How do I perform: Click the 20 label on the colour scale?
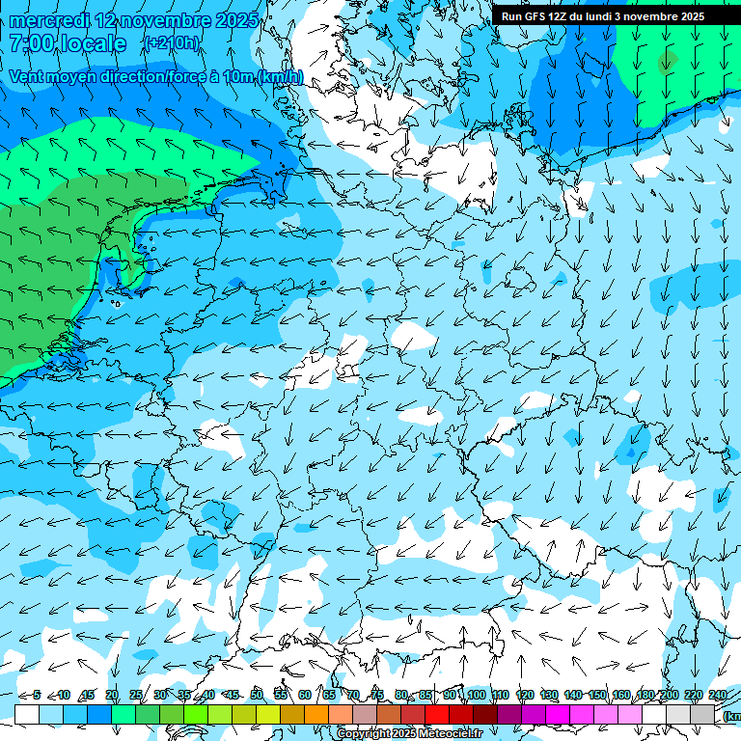[112, 695]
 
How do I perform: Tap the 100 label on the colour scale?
[477, 695]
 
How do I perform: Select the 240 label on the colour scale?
[718, 695]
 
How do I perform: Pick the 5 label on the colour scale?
[37, 695]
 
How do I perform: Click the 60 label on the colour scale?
[305, 695]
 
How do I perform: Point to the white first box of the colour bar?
[27, 713]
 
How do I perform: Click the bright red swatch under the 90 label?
[437, 713]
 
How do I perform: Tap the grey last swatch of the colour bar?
[703, 713]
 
